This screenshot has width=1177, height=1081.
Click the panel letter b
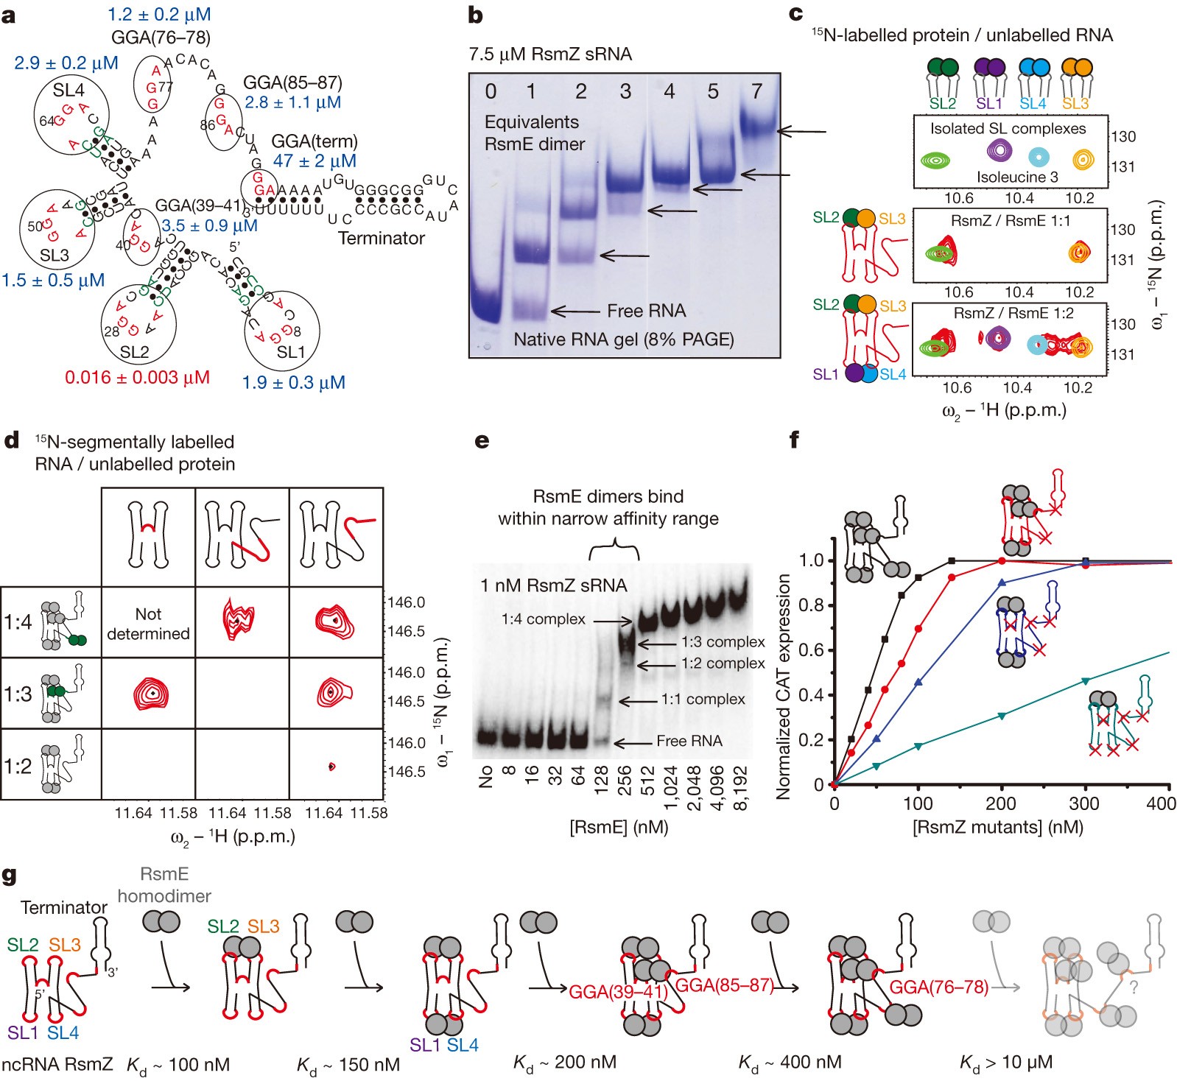point(476,15)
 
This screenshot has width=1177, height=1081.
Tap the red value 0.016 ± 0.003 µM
point(137,378)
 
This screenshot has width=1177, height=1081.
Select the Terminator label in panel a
point(381,238)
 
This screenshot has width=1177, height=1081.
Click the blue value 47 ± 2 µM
point(315,161)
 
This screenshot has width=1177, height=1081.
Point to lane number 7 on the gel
point(756,91)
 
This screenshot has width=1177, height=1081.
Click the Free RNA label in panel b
point(646,311)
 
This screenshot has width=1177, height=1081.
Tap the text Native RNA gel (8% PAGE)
point(623,339)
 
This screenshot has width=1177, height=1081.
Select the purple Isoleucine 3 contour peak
point(999,152)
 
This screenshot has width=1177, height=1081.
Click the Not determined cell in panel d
point(148,623)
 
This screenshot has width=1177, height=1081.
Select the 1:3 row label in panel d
point(18,694)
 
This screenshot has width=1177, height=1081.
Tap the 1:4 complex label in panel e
point(543,619)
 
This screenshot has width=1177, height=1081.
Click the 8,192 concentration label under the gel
point(740,789)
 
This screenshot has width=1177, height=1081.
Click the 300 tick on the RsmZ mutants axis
point(1083,803)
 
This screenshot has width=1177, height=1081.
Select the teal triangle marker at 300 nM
point(1085,680)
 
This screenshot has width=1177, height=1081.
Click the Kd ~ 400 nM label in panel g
point(790,1063)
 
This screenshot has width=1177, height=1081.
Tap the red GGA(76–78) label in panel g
point(938,987)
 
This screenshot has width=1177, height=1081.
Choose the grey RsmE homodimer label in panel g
point(164,884)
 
